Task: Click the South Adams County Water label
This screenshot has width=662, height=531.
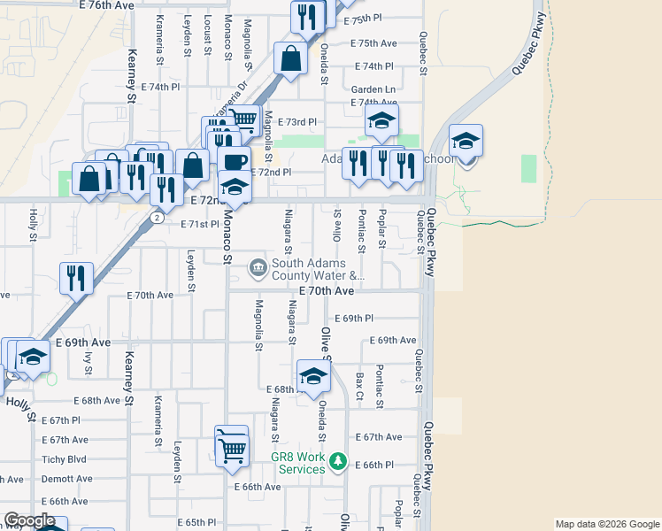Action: (318, 269)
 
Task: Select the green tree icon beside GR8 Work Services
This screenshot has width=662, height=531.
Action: (337, 460)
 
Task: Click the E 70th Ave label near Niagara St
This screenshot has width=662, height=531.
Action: (326, 290)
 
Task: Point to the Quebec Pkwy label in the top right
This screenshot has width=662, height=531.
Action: (527, 55)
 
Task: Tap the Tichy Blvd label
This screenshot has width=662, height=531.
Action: (65, 459)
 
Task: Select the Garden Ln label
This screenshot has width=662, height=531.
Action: (373, 89)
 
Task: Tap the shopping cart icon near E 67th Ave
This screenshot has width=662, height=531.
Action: (232, 449)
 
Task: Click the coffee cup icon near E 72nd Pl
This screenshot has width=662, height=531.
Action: (235, 163)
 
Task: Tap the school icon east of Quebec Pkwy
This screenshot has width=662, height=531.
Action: (466, 141)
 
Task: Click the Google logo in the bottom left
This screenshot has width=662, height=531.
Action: (30, 520)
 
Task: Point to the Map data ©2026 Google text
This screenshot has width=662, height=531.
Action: (607, 525)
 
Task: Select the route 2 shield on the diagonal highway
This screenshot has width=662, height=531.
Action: (156, 217)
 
